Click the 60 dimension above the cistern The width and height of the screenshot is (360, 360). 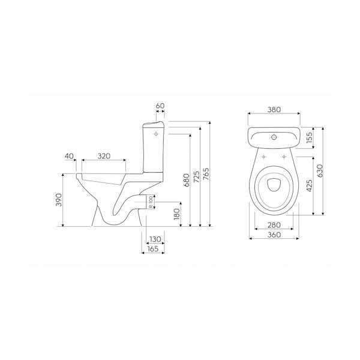point(160,106)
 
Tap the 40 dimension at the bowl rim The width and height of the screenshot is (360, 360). point(69,156)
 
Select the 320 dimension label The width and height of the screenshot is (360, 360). point(104,156)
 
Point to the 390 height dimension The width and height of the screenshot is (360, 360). point(59,200)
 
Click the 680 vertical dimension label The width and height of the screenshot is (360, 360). point(187,180)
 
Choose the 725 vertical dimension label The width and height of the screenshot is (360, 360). point(197,177)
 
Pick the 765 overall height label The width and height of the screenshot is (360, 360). point(206,174)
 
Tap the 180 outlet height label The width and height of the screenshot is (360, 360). point(177,214)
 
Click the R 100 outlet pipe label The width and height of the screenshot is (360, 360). point(151,202)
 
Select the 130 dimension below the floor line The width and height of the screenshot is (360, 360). point(155,239)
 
